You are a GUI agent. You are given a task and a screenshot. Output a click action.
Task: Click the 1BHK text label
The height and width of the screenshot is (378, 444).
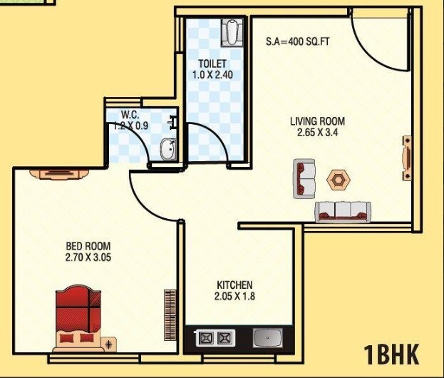391,354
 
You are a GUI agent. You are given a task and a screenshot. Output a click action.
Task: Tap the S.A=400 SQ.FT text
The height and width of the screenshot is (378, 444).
298,42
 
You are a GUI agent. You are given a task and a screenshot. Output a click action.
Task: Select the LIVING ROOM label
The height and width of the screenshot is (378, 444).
317,121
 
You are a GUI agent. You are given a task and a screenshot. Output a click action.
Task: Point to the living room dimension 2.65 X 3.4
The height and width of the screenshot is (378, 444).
317,132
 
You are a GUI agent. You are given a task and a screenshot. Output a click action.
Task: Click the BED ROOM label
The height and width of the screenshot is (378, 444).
88,247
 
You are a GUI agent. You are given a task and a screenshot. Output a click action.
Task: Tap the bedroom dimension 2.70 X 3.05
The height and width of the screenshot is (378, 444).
88,258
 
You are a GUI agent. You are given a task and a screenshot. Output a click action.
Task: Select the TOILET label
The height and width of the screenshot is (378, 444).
212,63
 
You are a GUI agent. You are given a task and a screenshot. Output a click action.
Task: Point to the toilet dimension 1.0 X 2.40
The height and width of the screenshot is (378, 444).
212,74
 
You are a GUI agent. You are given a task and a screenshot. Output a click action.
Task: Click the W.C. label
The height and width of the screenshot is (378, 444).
130,114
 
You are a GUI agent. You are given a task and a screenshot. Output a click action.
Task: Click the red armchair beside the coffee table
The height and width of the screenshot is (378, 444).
305,179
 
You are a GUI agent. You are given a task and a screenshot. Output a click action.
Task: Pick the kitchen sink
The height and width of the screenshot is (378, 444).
270,337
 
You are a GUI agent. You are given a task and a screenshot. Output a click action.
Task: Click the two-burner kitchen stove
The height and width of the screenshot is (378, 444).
215,338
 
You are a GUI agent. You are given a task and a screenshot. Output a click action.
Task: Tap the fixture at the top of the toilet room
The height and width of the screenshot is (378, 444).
232,32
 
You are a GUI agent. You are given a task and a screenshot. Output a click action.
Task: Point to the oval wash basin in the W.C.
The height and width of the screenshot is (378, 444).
167,149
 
